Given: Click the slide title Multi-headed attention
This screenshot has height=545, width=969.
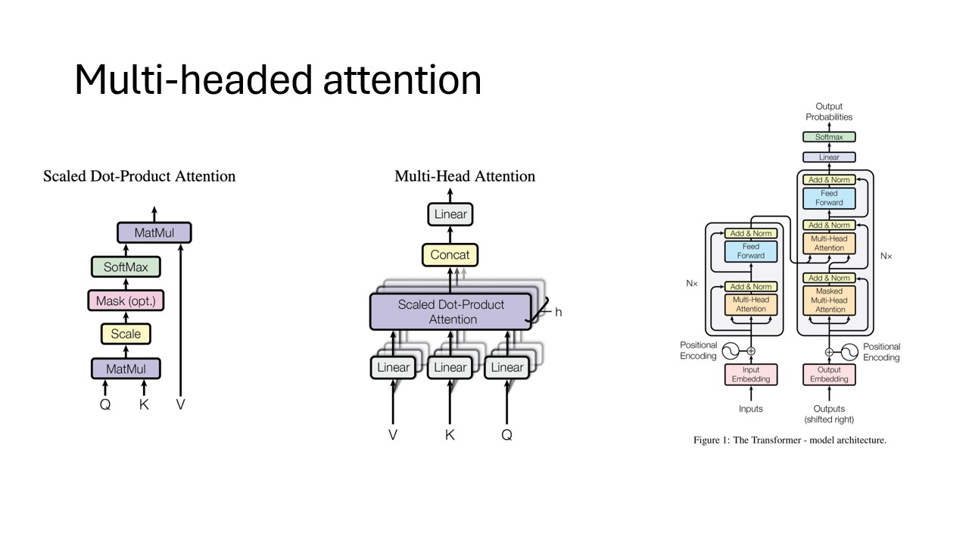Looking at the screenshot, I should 278,79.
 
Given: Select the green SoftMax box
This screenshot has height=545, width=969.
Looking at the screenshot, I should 126,267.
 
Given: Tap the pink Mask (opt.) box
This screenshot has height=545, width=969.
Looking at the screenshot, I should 126,301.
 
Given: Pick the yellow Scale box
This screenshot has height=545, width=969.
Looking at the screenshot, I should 126,334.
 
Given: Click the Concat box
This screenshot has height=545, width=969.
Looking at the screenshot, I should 450,255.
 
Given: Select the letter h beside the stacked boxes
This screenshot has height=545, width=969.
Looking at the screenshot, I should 559,312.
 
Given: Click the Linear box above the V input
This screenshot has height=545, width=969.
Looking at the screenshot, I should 392,368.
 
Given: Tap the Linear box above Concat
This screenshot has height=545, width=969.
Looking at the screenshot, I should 450,214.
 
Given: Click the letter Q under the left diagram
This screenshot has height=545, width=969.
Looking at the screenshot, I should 105,405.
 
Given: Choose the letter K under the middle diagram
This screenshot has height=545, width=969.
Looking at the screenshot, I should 450,435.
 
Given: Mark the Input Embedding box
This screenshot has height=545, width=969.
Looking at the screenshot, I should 751,375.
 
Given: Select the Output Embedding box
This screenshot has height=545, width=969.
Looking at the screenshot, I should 829,375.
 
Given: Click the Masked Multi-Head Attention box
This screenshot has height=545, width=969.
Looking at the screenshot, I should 830,301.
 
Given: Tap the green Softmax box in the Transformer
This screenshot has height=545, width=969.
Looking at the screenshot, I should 829,137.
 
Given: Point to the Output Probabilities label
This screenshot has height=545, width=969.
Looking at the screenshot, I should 829,112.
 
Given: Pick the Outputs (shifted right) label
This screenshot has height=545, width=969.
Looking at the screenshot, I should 829,414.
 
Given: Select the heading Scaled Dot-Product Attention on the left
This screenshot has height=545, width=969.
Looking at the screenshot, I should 139,176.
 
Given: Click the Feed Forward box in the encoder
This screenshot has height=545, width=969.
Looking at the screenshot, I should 751,251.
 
